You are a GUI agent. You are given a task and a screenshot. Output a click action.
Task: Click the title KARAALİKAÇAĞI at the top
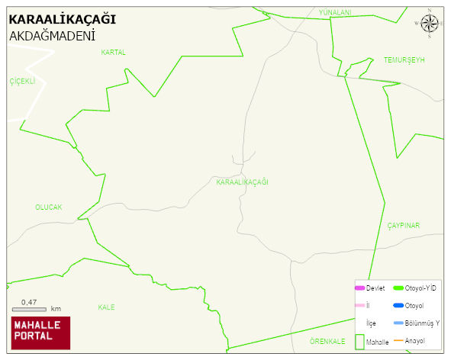pos(62,19)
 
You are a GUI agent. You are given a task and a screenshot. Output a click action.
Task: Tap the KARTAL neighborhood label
pos(113,53)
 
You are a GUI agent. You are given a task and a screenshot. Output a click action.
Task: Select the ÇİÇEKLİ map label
pos(23,81)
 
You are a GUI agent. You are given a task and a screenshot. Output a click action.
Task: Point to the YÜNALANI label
pos(335,13)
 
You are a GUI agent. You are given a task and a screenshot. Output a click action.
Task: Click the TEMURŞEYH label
pos(404,59)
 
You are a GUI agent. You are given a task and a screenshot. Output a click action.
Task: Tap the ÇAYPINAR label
pos(404,225)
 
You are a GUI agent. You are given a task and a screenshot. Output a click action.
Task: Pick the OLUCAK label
pos(48,207)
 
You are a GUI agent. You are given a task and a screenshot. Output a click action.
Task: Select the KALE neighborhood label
pos(106,307)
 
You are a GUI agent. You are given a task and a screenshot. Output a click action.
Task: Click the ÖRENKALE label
pos(328,341)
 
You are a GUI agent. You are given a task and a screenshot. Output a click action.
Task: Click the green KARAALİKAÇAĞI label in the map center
pos(243,182)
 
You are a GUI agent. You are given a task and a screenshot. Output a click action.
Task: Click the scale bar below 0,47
pos(30,309)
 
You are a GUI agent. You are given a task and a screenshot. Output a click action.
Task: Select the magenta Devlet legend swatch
pos(359,288)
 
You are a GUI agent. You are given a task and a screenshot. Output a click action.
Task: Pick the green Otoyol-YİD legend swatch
pos(398,288)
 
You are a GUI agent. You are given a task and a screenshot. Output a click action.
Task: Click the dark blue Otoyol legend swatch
pos(398,305)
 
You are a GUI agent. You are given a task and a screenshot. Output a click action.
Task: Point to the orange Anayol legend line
pos(398,340)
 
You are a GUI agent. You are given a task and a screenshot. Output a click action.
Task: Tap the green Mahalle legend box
pos(359,342)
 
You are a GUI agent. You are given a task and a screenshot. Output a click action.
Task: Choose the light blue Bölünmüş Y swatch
pos(398,323)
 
